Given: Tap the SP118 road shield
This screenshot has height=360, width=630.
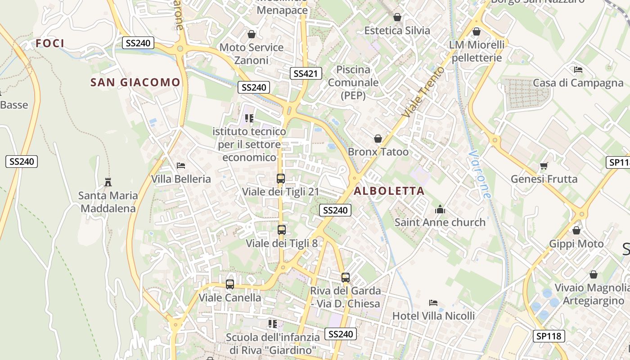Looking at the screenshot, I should coord(549,336).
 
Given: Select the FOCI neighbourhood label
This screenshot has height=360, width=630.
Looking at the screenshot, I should coord(50,43).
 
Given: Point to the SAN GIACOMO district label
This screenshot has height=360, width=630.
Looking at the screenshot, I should coord(135,82).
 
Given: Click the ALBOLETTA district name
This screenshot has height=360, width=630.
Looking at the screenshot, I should coord(389,191).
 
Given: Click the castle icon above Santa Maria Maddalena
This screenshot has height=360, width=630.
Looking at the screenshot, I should coord(108,182).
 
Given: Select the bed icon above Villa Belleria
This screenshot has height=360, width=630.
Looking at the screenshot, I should coord(181,166).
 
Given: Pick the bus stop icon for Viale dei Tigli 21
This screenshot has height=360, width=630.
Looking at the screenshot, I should coord(281,179).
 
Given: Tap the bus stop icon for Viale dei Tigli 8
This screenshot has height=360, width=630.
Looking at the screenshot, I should coord(282,230).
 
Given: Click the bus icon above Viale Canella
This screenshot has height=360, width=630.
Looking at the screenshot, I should coord(230,284).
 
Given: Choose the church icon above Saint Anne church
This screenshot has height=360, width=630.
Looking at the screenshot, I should coord(440,209).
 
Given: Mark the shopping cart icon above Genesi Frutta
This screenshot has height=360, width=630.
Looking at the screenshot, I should coord(544,166).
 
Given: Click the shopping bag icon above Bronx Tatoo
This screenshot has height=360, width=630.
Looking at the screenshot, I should coord(378,139).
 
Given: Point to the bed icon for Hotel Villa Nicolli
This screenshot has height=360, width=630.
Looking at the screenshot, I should coord(433,303).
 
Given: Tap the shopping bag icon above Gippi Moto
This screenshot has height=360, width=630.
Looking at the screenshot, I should coord(576,231).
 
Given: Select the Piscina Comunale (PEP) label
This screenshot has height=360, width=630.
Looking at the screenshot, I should coord(353,82).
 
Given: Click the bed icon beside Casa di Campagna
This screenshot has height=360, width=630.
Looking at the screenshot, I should coord(578,70).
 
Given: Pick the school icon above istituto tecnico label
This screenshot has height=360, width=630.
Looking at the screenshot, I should coord(249,118).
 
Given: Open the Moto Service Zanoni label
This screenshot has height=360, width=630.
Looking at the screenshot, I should coord(251,54).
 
